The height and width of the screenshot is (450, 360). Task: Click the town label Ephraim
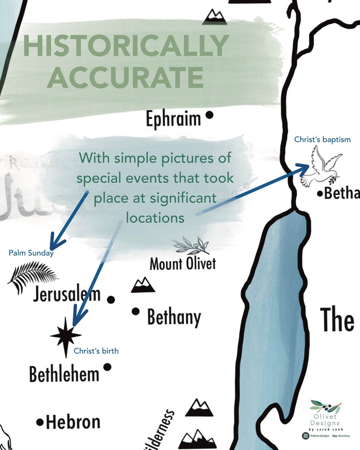(x=173, y=119)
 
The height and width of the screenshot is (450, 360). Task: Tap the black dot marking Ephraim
(x=209, y=115)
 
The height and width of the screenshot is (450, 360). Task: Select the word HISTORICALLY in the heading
(x=125, y=46)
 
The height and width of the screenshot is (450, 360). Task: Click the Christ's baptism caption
(x=322, y=140)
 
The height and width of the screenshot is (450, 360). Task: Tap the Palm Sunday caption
(x=31, y=253)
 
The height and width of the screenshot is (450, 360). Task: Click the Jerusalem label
(x=66, y=295)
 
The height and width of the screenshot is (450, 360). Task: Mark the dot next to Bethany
(x=135, y=311)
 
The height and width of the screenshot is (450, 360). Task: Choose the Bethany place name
(x=174, y=317)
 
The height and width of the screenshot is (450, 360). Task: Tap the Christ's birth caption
(x=96, y=351)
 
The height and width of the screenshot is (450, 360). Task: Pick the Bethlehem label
(x=64, y=374)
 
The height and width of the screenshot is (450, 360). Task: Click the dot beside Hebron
(x=40, y=422)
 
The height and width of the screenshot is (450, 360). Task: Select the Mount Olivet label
(x=182, y=263)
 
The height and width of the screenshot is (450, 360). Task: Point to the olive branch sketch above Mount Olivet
(x=191, y=245)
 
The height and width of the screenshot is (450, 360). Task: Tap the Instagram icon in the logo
(x=306, y=436)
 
